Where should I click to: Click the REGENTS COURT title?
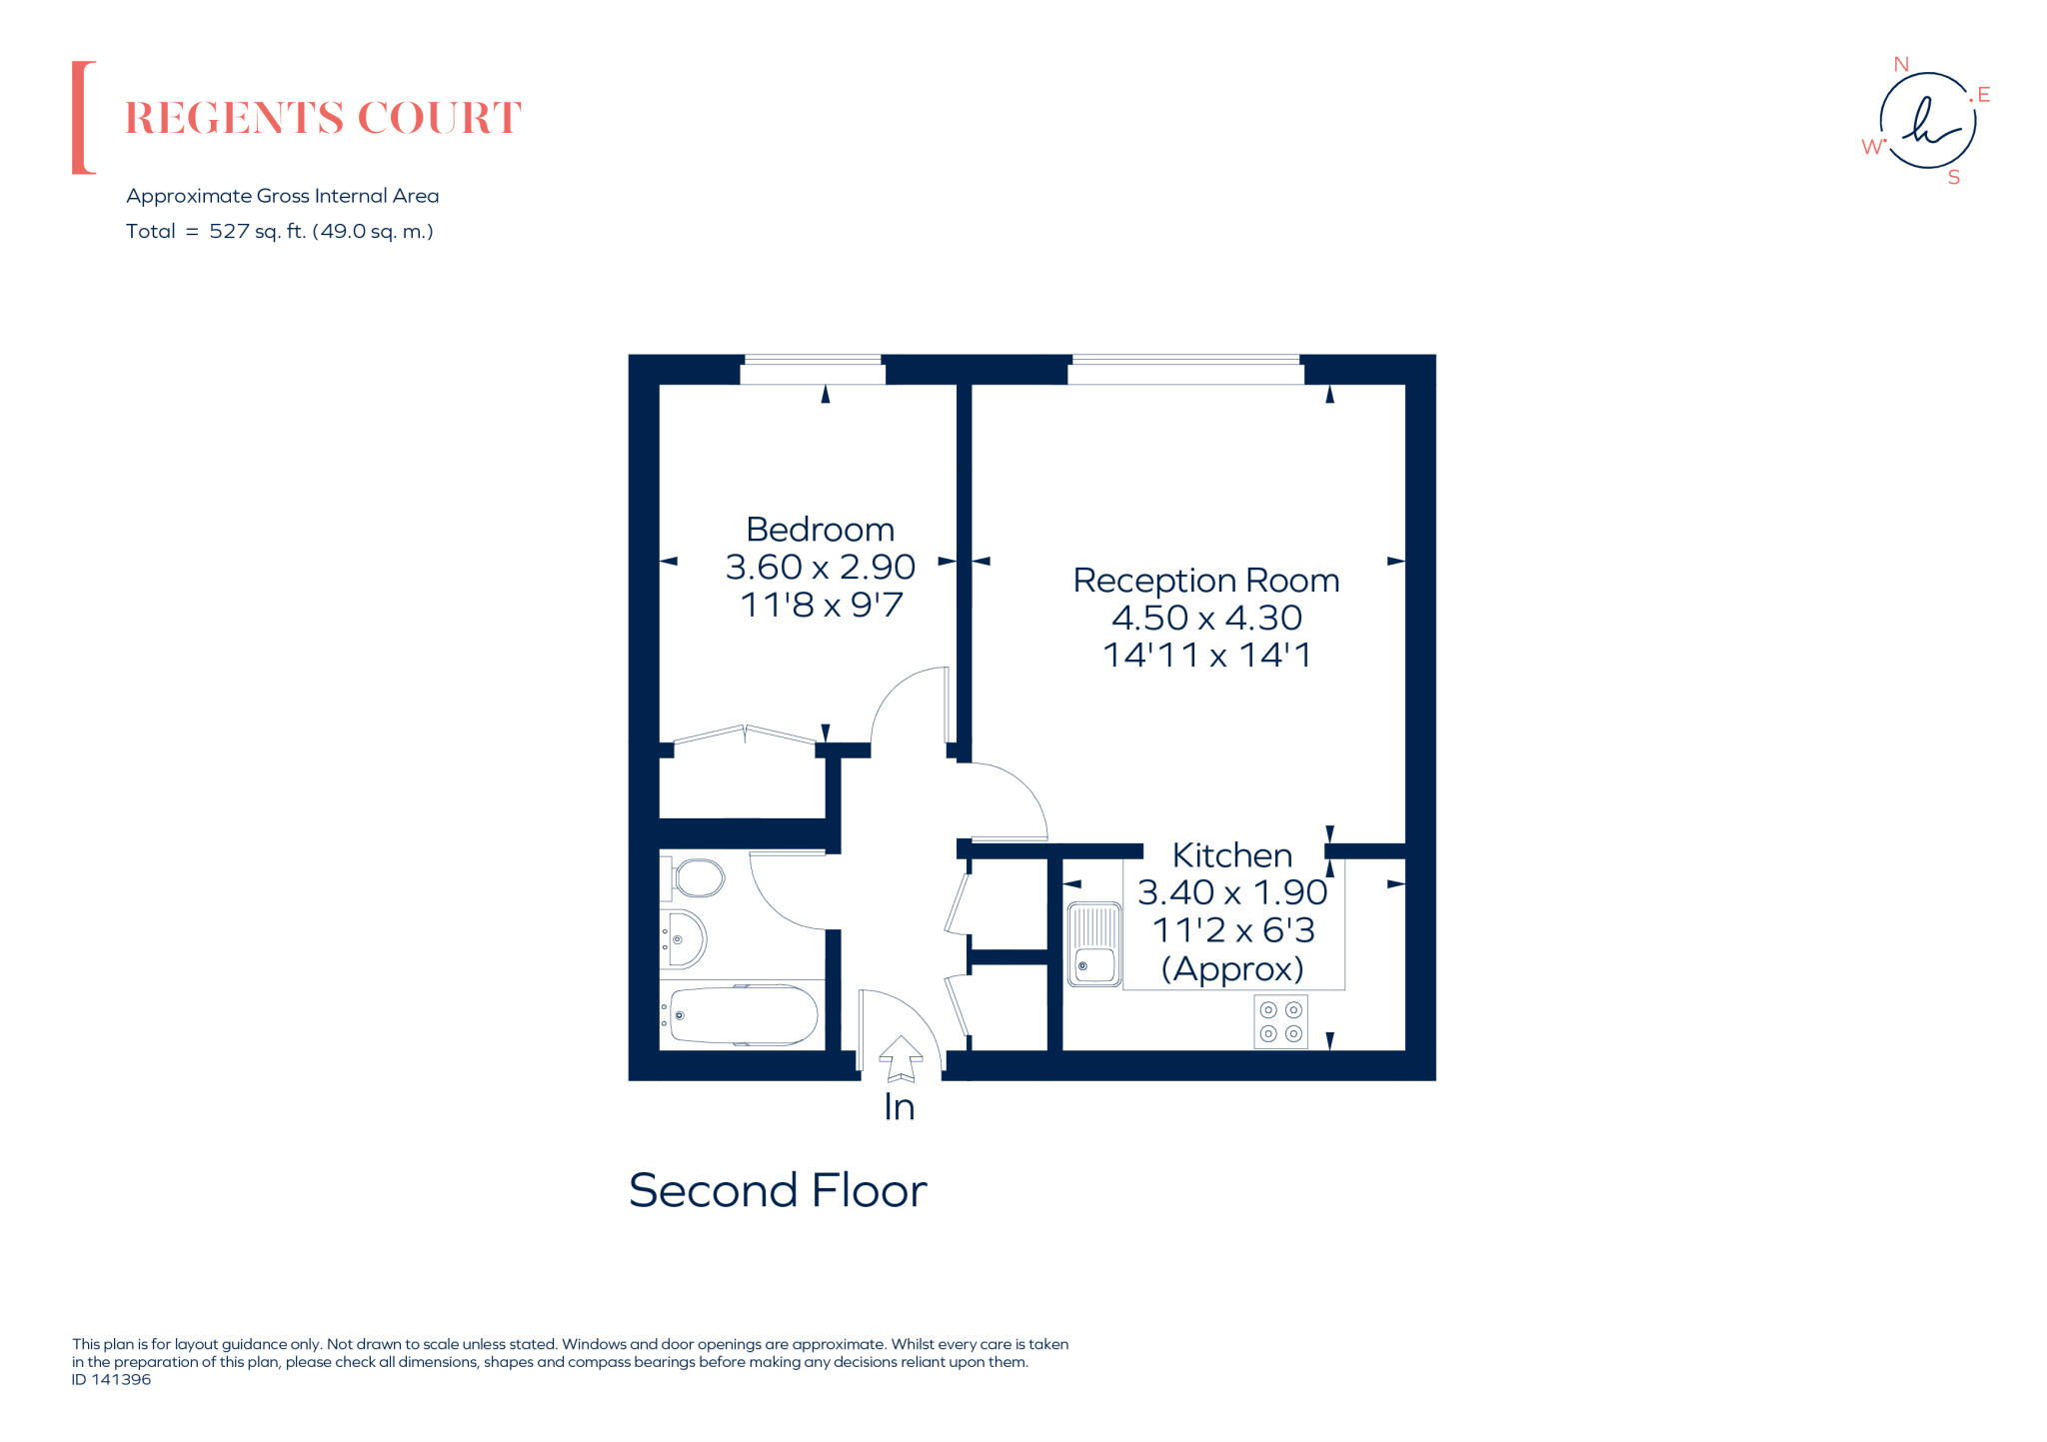pos(322,118)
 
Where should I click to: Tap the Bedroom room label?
pos(820,529)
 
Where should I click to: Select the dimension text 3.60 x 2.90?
pos(820,567)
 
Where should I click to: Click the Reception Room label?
pos(1205,580)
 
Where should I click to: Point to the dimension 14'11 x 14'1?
pos(1205,655)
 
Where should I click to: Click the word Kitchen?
pos(1231,855)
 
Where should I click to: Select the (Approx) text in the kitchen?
pos(1231,968)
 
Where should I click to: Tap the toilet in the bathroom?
pos(697,879)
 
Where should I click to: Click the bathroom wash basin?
pos(685,939)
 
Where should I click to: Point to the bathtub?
pos(743,1015)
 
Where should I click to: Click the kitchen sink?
pos(1094,943)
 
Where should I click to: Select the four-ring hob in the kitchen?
pos(1280,1021)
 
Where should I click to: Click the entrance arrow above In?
pos(901,1058)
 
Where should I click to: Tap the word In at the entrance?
pos(899,1107)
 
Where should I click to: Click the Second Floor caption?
pos(778,1190)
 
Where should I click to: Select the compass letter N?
pos(1901,65)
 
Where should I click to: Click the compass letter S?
pos(1953,178)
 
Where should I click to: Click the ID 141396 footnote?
pos(111,1379)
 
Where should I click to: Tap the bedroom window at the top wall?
pos(813,371)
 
